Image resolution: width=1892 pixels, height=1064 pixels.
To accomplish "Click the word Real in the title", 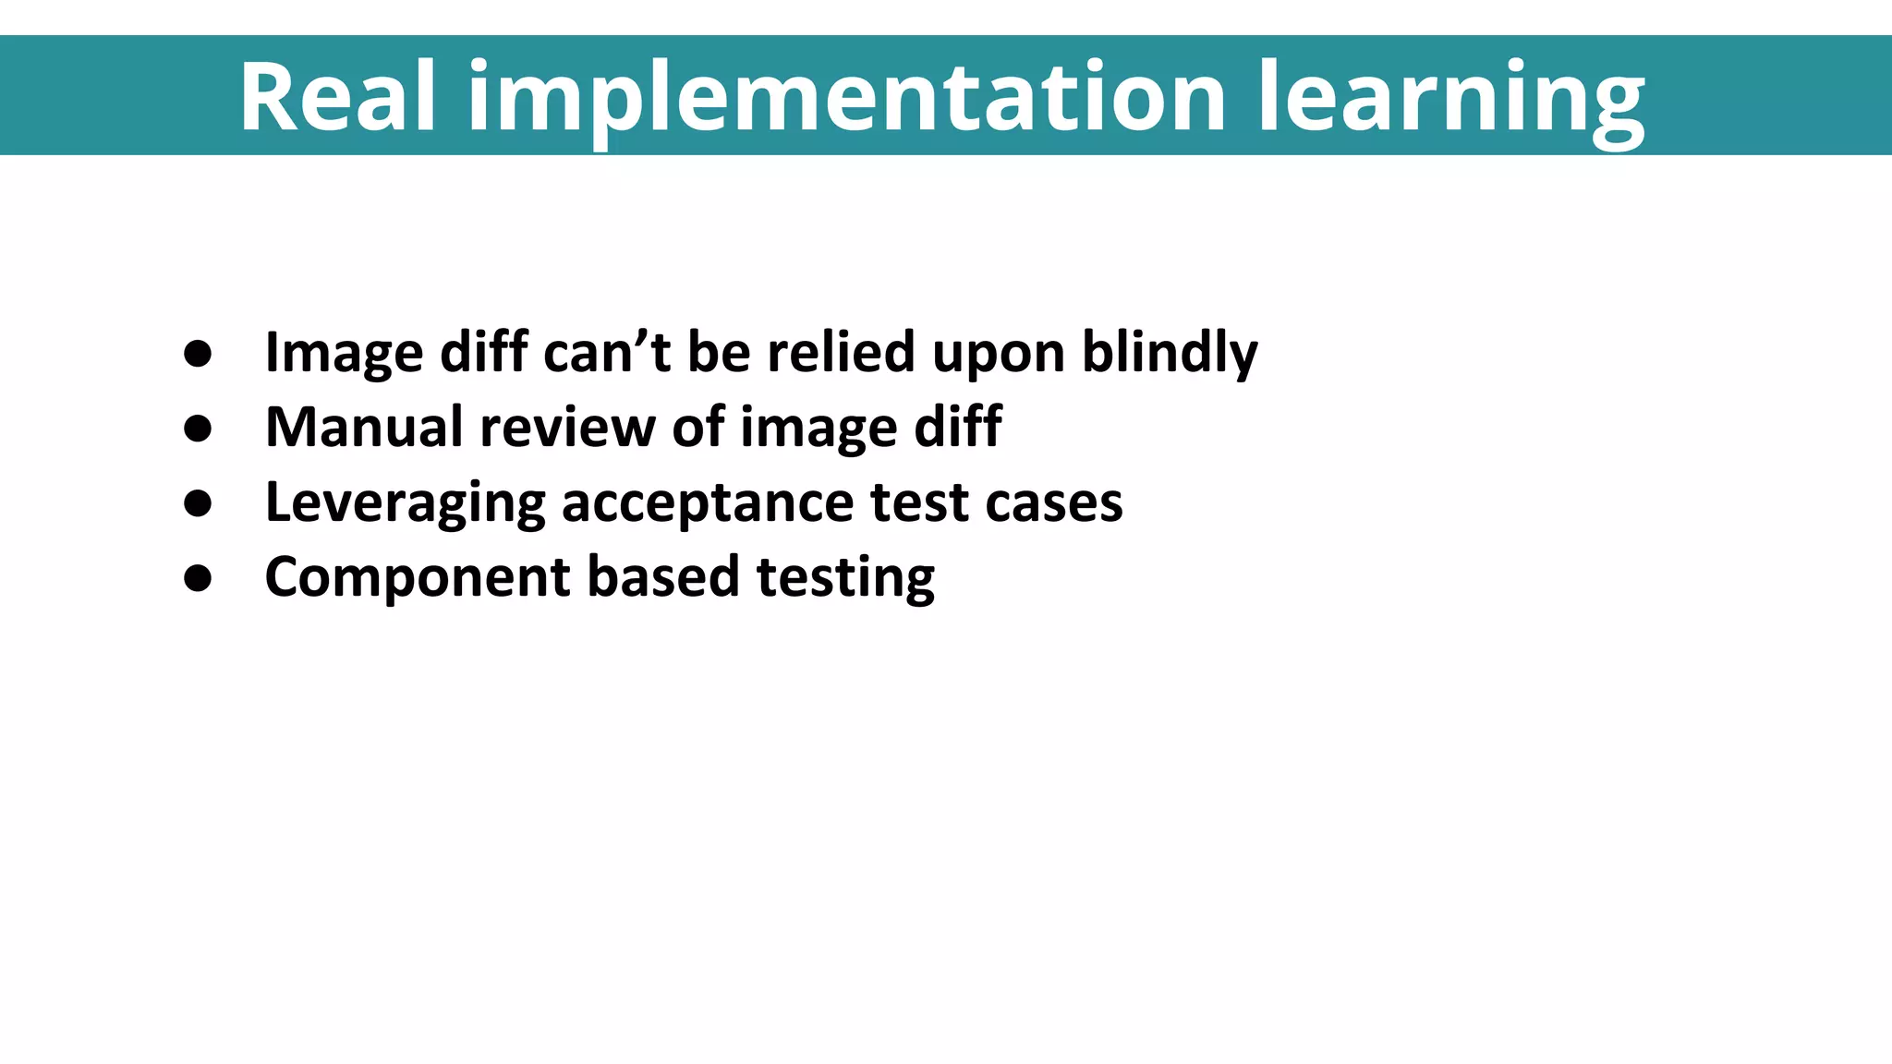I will point(337,96).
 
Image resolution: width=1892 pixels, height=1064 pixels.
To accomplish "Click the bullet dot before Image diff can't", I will point(198,353).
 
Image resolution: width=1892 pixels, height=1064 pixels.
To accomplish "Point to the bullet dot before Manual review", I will point(198,428).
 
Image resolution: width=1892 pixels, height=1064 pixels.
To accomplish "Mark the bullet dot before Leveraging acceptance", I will point(198,502).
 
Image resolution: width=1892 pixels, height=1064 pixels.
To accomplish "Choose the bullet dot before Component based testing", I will point(198,577).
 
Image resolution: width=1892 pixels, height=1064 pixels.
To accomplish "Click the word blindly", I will point(1170,353).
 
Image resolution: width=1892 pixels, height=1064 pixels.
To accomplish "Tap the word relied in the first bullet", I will point(841,352).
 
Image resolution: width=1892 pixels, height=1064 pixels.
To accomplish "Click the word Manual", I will point(364,427).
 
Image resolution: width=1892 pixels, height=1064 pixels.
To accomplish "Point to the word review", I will point(567,428).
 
